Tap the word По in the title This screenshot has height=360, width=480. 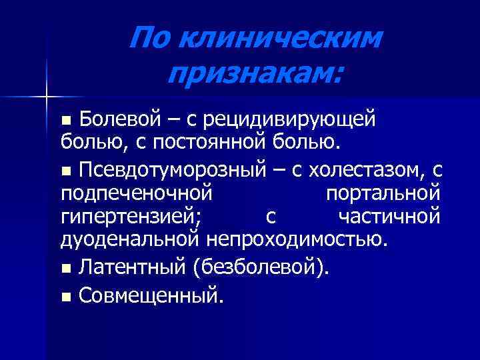tap(150, 39)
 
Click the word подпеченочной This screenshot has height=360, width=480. tap(136, 194)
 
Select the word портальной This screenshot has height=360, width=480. tap(383, 194)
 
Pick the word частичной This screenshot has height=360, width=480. tap(389, 217)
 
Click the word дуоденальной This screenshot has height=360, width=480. tap(129, 239)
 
